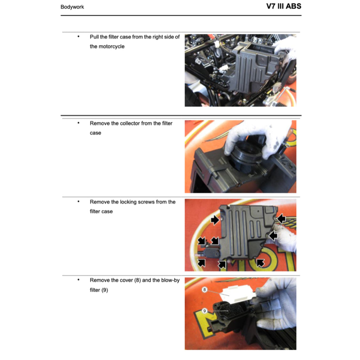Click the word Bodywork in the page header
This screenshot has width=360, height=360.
click(x=72, y=7)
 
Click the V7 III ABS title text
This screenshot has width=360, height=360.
click(x=283, y=6)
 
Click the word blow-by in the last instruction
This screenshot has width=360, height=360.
click(x=170, y=280)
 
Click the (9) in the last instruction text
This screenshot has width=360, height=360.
click(x=104, y=290)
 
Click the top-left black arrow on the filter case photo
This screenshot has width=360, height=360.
click(x=214, y=220)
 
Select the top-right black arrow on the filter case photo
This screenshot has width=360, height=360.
click(x=282, y=219)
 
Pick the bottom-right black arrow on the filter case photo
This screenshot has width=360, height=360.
click(x=260, y=263)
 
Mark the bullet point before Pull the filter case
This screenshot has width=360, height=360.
click(x=78, y=36)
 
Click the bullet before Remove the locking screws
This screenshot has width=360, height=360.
click(x=78, y=201)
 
